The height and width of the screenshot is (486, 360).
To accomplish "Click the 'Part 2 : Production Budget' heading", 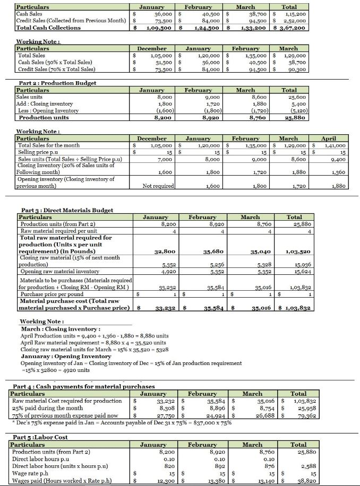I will tap(50, 83).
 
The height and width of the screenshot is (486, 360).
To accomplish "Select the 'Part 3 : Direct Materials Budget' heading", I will tap(66, 210).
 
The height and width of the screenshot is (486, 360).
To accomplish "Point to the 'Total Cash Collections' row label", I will tap(48, 28).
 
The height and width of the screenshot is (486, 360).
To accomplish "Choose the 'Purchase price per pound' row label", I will tap(52, 293).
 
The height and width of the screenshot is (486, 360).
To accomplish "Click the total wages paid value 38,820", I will tap(298, 480).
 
